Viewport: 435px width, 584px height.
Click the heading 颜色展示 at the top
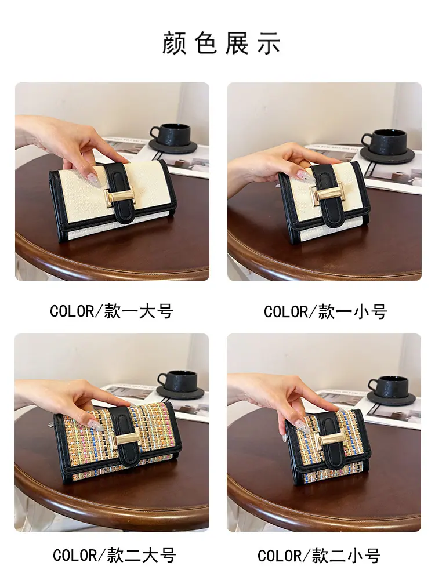[x=221, y=43]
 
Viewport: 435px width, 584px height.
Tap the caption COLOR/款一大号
[x=111, y=311]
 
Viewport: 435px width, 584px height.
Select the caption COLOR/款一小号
[x=325, y=312]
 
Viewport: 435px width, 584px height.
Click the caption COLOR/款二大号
[x=114, y=556]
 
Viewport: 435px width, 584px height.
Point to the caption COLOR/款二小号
[x=319, y=556]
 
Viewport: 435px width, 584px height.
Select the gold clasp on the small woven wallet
[x=331, y=438]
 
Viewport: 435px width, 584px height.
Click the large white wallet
[x=113, y=201]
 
